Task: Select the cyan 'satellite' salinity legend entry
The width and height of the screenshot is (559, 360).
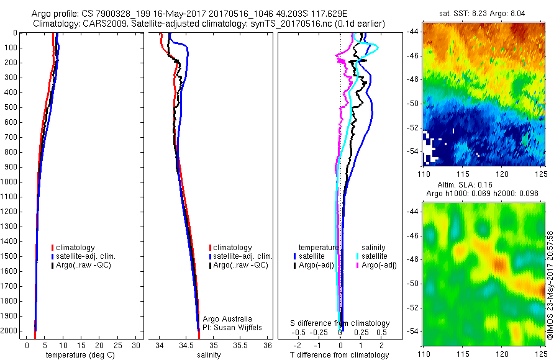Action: coord(373,256)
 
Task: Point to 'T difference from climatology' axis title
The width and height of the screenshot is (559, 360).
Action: coord(340,355)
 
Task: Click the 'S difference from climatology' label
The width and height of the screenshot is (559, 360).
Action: coord(340,323)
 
